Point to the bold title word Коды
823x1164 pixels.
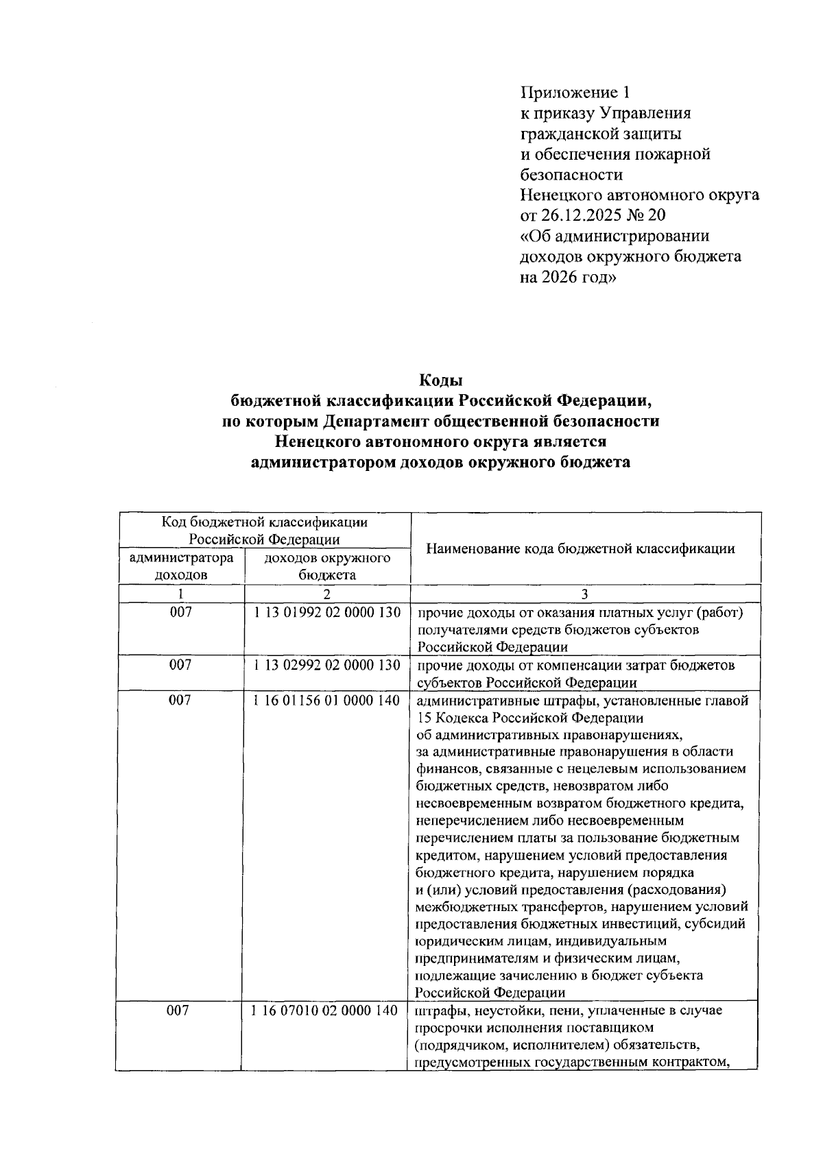point(441,380)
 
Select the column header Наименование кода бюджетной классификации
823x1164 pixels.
point(580,549)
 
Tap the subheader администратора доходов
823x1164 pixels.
point(181,566)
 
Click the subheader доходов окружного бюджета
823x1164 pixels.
point(327,566)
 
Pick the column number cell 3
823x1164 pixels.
point(584,594)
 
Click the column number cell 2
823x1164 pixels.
point(327,594)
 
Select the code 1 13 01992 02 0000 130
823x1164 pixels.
point(327,612)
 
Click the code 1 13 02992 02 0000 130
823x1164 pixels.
point(327,665)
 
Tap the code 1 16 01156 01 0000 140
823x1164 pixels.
point(327,701)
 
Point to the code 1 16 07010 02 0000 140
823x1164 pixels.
point(325,1011)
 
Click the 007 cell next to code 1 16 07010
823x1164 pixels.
point(180,1011)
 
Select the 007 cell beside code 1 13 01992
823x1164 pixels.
point(181,612)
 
